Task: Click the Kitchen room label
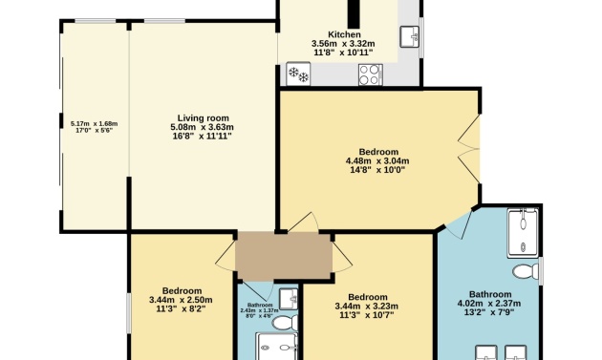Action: click(344, 35)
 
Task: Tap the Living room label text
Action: click(203, 118)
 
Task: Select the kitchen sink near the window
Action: click(409, 37)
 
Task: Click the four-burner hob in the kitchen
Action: click(371, 74)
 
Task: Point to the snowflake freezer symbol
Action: click(298, 74)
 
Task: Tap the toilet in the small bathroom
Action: click(285, 323)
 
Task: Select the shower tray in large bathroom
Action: click(523, 233)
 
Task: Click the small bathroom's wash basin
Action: click(289, 299)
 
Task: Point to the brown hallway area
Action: click(284, 256)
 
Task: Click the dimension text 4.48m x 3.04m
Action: click(377, 161)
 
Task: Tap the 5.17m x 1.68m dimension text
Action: click(94, 124)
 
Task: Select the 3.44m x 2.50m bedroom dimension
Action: click(181, 300)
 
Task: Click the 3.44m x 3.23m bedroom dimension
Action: click(367, 307)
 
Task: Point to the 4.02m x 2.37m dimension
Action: click(489, 304)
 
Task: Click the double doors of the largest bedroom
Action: click(469, 149)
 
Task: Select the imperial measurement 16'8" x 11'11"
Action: click(203, 137)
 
